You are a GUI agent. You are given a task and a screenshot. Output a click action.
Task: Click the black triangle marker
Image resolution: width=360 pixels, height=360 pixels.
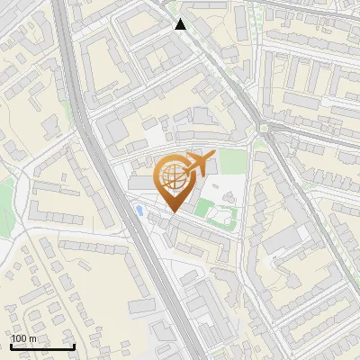tap(181, 24)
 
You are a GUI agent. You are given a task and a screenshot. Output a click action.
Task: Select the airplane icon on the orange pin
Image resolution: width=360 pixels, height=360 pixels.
tap(199, 165)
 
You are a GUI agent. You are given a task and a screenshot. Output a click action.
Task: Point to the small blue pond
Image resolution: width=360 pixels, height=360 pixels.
tap(140, 210)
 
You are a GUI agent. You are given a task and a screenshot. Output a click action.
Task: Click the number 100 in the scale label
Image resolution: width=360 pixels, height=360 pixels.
tap(20, 339)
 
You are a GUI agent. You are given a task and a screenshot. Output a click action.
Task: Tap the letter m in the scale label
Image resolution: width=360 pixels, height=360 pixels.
tap(33, 339)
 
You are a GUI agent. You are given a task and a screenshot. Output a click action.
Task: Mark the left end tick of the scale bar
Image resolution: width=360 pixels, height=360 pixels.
tap(11, 346)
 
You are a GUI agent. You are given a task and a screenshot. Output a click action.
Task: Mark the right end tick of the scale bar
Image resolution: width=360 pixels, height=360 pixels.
tap(74, 346)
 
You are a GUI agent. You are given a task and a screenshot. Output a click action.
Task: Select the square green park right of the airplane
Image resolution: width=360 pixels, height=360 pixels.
tap(233, 162)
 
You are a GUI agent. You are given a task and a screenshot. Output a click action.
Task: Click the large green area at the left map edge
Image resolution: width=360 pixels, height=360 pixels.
tap(5, 193)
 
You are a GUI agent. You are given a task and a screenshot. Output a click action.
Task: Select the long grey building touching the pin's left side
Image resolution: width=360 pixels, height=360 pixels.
tap(144, 184)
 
